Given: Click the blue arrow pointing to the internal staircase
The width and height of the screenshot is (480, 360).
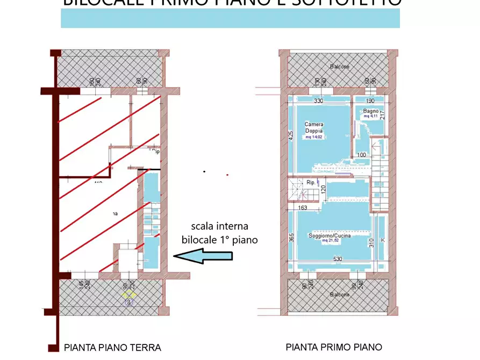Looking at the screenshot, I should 204,256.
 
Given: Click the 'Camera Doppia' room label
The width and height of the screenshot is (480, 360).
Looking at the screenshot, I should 313,127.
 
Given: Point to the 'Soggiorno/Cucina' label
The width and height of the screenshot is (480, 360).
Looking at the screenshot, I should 331,235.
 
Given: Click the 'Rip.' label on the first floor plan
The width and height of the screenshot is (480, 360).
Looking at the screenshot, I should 310,183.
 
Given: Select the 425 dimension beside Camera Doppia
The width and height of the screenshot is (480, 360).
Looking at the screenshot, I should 290,136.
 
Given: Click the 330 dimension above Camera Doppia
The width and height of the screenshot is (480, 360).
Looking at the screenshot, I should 318,100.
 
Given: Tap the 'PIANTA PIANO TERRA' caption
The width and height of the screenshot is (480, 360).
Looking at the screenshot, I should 112,347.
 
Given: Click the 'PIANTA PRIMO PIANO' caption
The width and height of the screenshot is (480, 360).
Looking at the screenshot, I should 334,347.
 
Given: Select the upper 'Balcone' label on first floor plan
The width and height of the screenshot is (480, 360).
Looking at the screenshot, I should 339,67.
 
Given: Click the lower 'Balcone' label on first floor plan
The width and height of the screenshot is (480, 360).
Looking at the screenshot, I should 339,294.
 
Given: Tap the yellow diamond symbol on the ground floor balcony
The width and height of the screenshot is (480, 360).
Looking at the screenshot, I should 128,294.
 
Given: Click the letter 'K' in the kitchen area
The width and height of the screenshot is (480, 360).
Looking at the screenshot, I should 383,239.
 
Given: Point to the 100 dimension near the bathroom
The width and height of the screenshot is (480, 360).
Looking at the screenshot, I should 361,155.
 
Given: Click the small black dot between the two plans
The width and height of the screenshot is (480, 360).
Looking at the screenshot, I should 204,171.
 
